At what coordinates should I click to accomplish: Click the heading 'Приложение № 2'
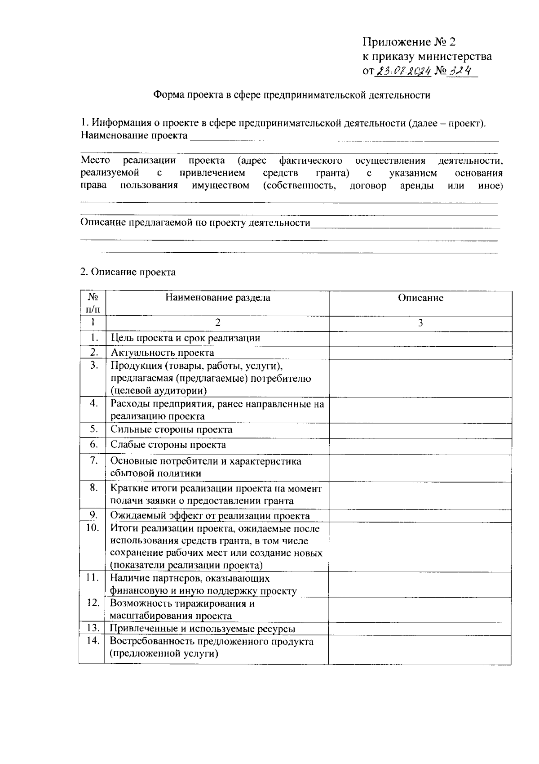tap(409, 42)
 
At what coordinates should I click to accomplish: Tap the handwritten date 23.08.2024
tap(403, 71)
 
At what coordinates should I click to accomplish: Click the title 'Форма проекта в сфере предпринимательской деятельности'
tap(292, 95)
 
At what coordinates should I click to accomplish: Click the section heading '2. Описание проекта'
tap(128, 272)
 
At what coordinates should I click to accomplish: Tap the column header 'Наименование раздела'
tap(218, 298)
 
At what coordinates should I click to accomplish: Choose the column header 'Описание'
tap(420, 298)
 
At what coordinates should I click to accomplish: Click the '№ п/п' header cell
tap(93, 304)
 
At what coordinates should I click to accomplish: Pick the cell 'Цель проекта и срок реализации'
tap(186, 338)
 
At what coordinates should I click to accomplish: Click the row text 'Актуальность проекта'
tap(163, 353)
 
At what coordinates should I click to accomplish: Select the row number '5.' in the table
tap(93, 429)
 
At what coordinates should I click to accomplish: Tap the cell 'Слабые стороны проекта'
tap(168, 445)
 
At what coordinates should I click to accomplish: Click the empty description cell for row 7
tap(420, 467)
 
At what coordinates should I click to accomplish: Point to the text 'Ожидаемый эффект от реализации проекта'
tap(210, 516)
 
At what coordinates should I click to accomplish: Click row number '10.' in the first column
tap(93, 528)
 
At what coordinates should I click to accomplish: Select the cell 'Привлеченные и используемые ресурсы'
tap(203, 629)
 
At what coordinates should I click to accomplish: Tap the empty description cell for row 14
tap(420, 649)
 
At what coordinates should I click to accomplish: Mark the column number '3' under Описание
tap(420, 323)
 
